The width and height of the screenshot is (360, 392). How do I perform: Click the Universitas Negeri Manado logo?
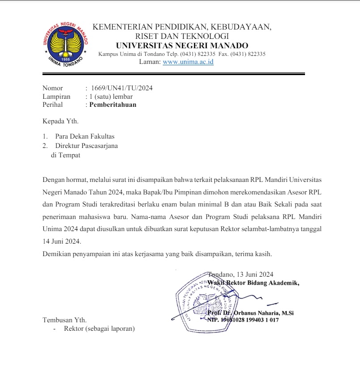tap(66, 43)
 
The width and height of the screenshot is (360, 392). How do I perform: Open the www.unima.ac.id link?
tap(188, 62)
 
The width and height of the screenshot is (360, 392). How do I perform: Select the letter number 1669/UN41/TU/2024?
tap(122, 88)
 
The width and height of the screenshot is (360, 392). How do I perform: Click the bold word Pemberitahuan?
tap(113, 105)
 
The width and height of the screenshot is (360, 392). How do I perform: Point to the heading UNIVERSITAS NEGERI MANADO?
tap(182, 46)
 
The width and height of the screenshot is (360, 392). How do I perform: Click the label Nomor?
tap(53, 88)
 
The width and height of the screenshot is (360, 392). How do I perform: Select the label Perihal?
tap(53, 105)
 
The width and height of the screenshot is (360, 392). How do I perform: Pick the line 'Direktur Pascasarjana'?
tap(86, 146)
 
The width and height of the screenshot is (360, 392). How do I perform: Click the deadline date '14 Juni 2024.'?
tap(62, 242)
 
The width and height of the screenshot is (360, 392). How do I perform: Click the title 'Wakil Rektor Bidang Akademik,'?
tap(254, 282)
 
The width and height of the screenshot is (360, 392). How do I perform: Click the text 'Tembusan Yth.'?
tap(64, 320)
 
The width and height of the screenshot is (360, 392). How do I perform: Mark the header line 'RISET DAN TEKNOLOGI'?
tap(182, 36)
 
